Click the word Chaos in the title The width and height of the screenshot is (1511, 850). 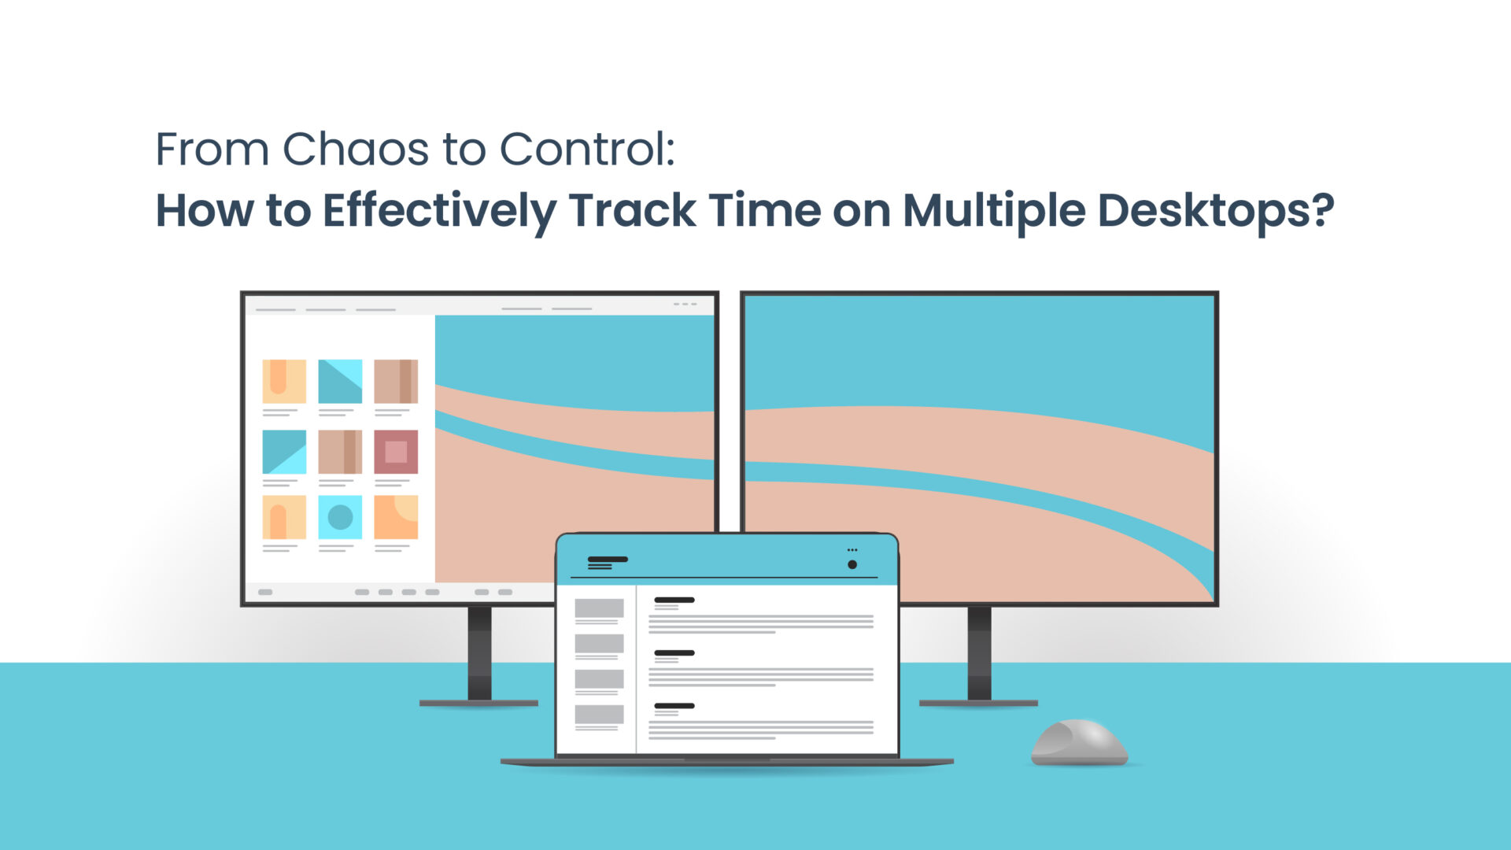(356, 149)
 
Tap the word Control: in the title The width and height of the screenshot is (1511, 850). (587, 149)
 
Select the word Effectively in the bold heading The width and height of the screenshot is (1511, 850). (439, 211)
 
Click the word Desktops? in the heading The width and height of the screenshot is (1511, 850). (1215, 211)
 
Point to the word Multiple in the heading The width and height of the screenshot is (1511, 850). (993, 211)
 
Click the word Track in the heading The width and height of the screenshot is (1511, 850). (632, 211)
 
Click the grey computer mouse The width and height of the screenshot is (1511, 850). (1079, 742)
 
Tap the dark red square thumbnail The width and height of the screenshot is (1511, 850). (396, 452)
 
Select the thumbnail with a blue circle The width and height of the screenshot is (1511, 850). (340, 517)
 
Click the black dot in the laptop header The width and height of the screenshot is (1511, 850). (852, 564)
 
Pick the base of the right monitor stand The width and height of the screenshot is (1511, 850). (978, 703)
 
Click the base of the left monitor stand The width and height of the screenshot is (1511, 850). (478, 703)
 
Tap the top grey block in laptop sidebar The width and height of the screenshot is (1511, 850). (599, 608)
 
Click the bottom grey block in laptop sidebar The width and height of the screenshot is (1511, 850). (599, 714)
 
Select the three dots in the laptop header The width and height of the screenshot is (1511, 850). (852, 550)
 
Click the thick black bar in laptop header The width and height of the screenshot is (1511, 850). (608, 560)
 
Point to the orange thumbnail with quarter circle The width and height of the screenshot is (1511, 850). (396, 517)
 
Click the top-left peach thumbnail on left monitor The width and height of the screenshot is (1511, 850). (284, 381)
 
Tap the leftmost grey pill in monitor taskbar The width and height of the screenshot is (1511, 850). (265, 592)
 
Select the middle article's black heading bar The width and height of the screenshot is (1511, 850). (674, 653)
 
